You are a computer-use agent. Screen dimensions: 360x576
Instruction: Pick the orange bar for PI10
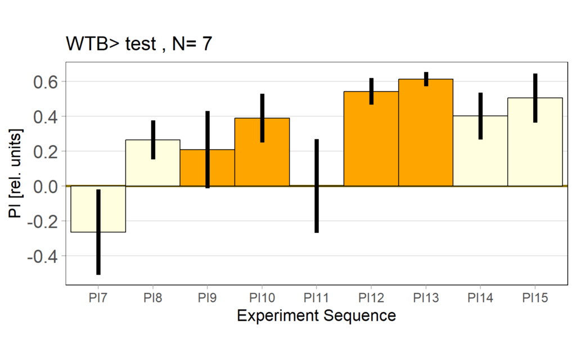point(276,152)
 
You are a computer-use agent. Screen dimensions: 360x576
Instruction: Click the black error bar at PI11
point(317,186)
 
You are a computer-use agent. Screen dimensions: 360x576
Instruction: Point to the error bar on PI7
point(98,232)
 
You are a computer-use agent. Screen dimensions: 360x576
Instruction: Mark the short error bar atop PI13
point(426,79)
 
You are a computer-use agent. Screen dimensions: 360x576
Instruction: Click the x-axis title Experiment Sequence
point(316,316)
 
